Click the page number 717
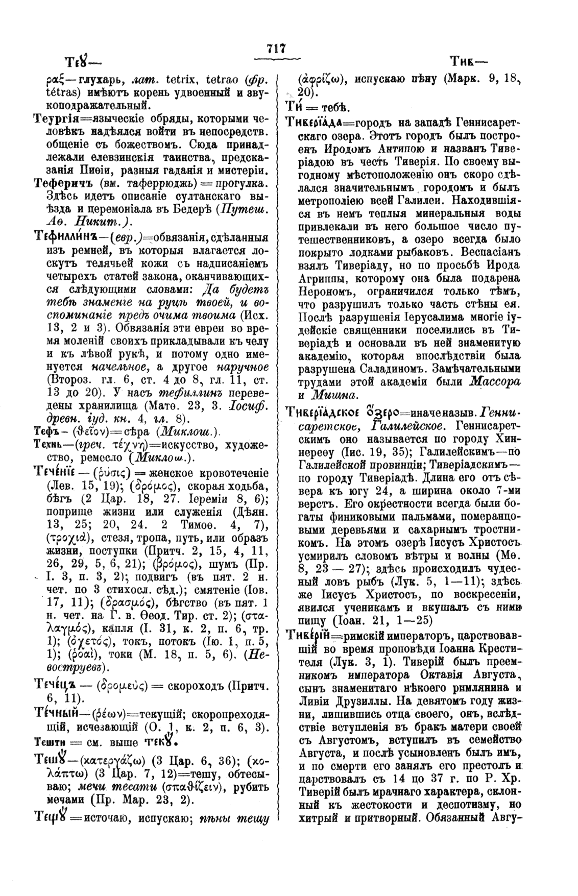pyautogui.click(x=276, y=49)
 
